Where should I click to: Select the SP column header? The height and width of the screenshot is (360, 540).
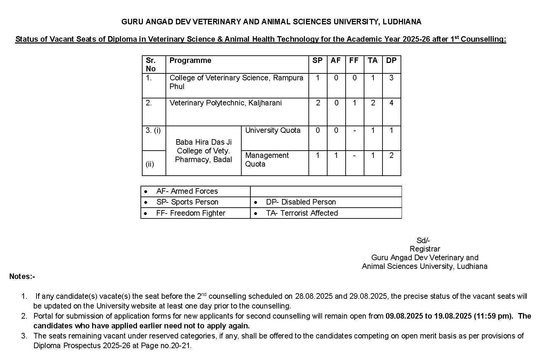point(317,61)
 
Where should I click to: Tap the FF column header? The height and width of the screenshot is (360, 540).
point(354,61)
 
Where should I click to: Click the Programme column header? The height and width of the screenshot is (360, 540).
point(190,61)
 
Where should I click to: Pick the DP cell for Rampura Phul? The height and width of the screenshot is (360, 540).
point(391,78)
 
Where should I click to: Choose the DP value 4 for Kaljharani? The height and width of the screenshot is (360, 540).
point(391,103)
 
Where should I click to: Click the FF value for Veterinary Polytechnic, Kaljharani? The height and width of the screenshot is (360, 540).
point(354,103)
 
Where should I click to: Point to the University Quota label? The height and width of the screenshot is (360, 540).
point(273,130)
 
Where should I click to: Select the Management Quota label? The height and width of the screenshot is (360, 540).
point(267,160)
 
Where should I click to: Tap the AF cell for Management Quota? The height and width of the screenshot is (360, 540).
point(336,155)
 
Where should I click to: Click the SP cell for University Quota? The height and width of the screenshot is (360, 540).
point(317,130)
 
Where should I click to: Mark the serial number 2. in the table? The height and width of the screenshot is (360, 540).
point(149,103)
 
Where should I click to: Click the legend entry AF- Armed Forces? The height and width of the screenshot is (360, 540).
point(187,191)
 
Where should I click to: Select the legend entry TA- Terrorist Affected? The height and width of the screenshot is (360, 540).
point(301,213)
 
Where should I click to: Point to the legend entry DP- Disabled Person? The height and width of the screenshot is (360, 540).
point(300,202)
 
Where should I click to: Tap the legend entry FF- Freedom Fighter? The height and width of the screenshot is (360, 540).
point(191,213)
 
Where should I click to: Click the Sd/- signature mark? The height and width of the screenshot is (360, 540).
point(423,240)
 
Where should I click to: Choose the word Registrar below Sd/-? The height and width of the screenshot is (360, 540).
point(425,249)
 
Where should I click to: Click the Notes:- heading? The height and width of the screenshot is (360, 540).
point(22,277)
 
